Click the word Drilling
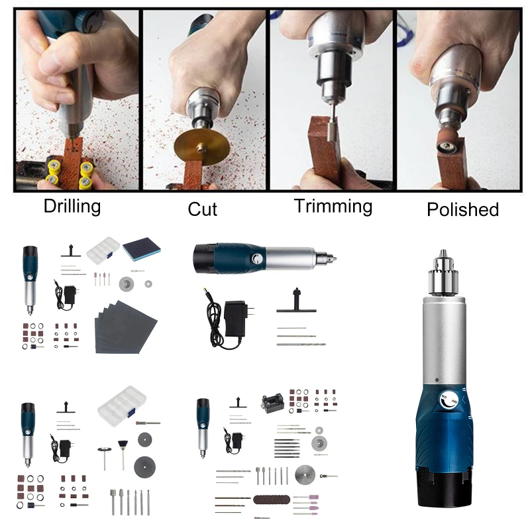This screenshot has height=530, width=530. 72,206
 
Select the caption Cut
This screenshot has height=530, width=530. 202,209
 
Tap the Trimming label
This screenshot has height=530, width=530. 333,206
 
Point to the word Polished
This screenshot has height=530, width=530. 462,210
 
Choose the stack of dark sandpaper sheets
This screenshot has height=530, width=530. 126,325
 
